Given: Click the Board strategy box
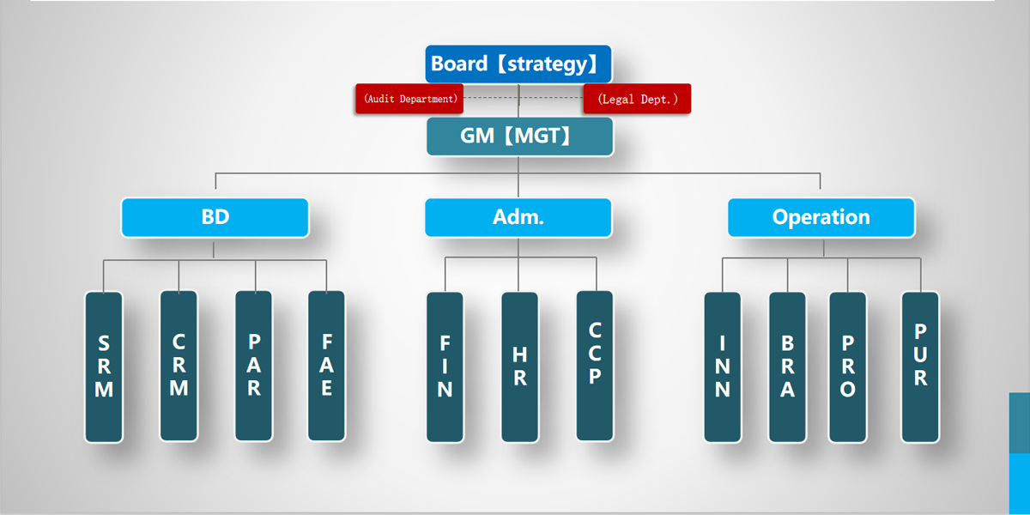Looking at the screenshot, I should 518,64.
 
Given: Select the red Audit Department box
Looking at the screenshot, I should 409,99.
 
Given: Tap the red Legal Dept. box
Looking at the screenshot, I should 637,99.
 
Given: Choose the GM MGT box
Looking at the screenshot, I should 519,136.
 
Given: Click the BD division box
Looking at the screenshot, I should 215,217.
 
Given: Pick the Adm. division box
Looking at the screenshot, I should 518,217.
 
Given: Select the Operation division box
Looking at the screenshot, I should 821,217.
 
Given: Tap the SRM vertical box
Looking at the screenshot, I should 104,367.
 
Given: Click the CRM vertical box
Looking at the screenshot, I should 179,366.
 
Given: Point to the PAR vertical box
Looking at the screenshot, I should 254,366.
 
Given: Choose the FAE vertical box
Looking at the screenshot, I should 326,366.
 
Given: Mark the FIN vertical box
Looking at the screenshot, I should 445,367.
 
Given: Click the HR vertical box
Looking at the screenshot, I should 519,367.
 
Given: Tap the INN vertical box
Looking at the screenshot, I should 723,367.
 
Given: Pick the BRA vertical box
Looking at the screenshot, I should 787,367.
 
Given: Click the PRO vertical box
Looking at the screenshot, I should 847,367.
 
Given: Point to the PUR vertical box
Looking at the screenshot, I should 920,367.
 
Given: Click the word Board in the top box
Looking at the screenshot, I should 460,64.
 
